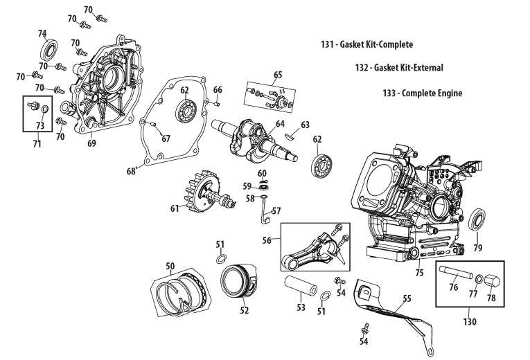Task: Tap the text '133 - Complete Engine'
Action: coord(422,93)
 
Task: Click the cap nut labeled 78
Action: coord(491,280)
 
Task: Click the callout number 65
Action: coord(278,74)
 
